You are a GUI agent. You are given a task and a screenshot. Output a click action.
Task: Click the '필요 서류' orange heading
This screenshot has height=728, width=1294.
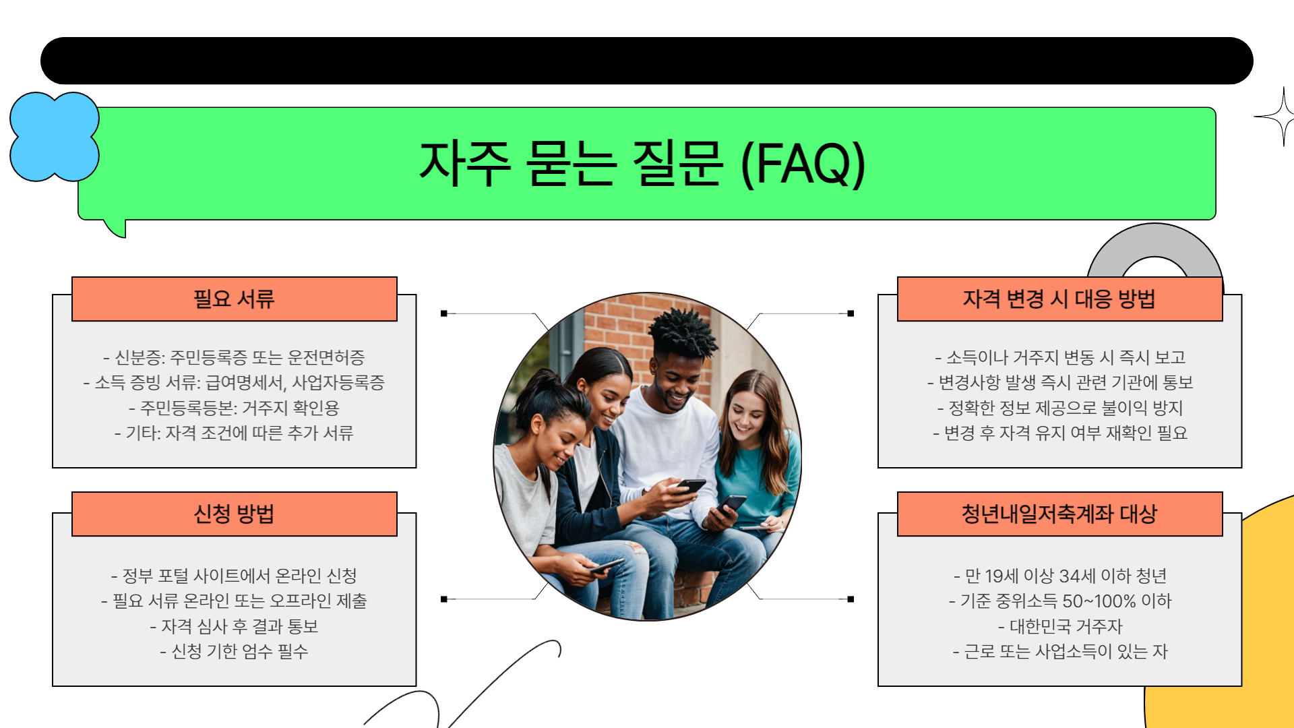234,299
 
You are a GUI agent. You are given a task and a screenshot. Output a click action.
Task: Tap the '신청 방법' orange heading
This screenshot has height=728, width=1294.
234,514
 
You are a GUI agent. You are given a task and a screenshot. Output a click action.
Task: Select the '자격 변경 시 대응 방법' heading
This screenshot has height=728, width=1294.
1059,299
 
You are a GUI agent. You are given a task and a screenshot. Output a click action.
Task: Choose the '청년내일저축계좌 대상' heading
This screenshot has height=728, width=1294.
1059,514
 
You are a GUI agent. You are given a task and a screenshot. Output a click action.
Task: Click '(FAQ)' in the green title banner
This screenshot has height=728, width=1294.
802,163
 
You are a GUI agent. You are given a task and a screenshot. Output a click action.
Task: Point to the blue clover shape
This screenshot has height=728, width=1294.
54,137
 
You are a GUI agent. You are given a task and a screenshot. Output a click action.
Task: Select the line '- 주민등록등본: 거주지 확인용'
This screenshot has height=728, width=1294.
234,408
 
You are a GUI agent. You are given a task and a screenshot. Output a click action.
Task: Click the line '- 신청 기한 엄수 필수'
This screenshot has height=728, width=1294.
234,651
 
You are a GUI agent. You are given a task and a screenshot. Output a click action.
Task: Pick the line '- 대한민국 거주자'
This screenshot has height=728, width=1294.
1059,626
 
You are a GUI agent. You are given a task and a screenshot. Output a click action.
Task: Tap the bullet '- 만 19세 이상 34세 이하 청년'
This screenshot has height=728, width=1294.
1059,576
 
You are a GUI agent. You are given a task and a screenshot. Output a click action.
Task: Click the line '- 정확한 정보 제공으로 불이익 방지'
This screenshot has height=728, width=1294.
1059,408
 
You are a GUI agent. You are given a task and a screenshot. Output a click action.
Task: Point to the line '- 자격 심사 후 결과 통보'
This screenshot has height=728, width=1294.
234,626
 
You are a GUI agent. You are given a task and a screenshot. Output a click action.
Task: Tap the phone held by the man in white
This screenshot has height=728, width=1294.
691,485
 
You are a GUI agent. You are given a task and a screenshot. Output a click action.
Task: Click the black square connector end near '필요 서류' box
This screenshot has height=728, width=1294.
443,313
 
